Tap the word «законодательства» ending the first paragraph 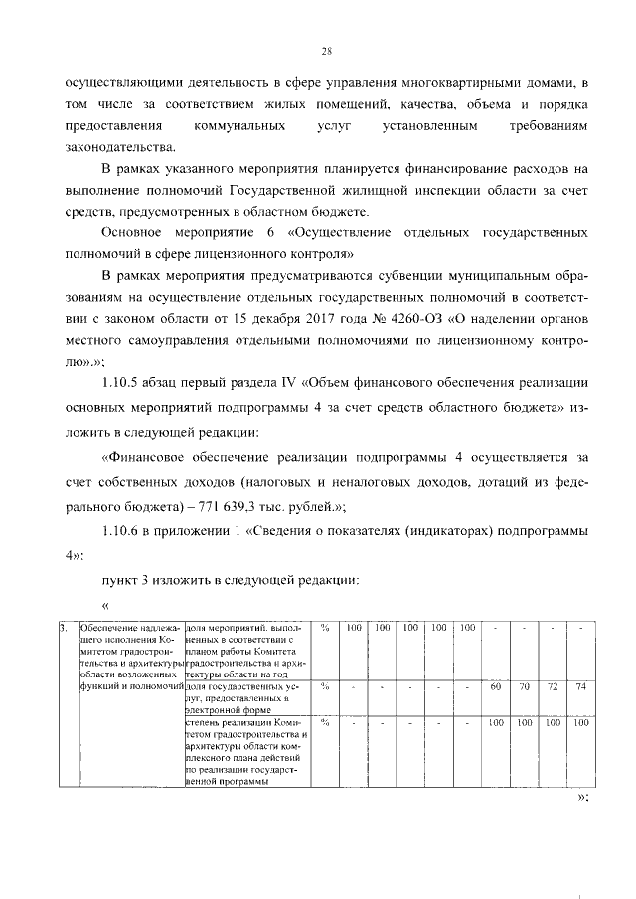click(129, 150)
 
